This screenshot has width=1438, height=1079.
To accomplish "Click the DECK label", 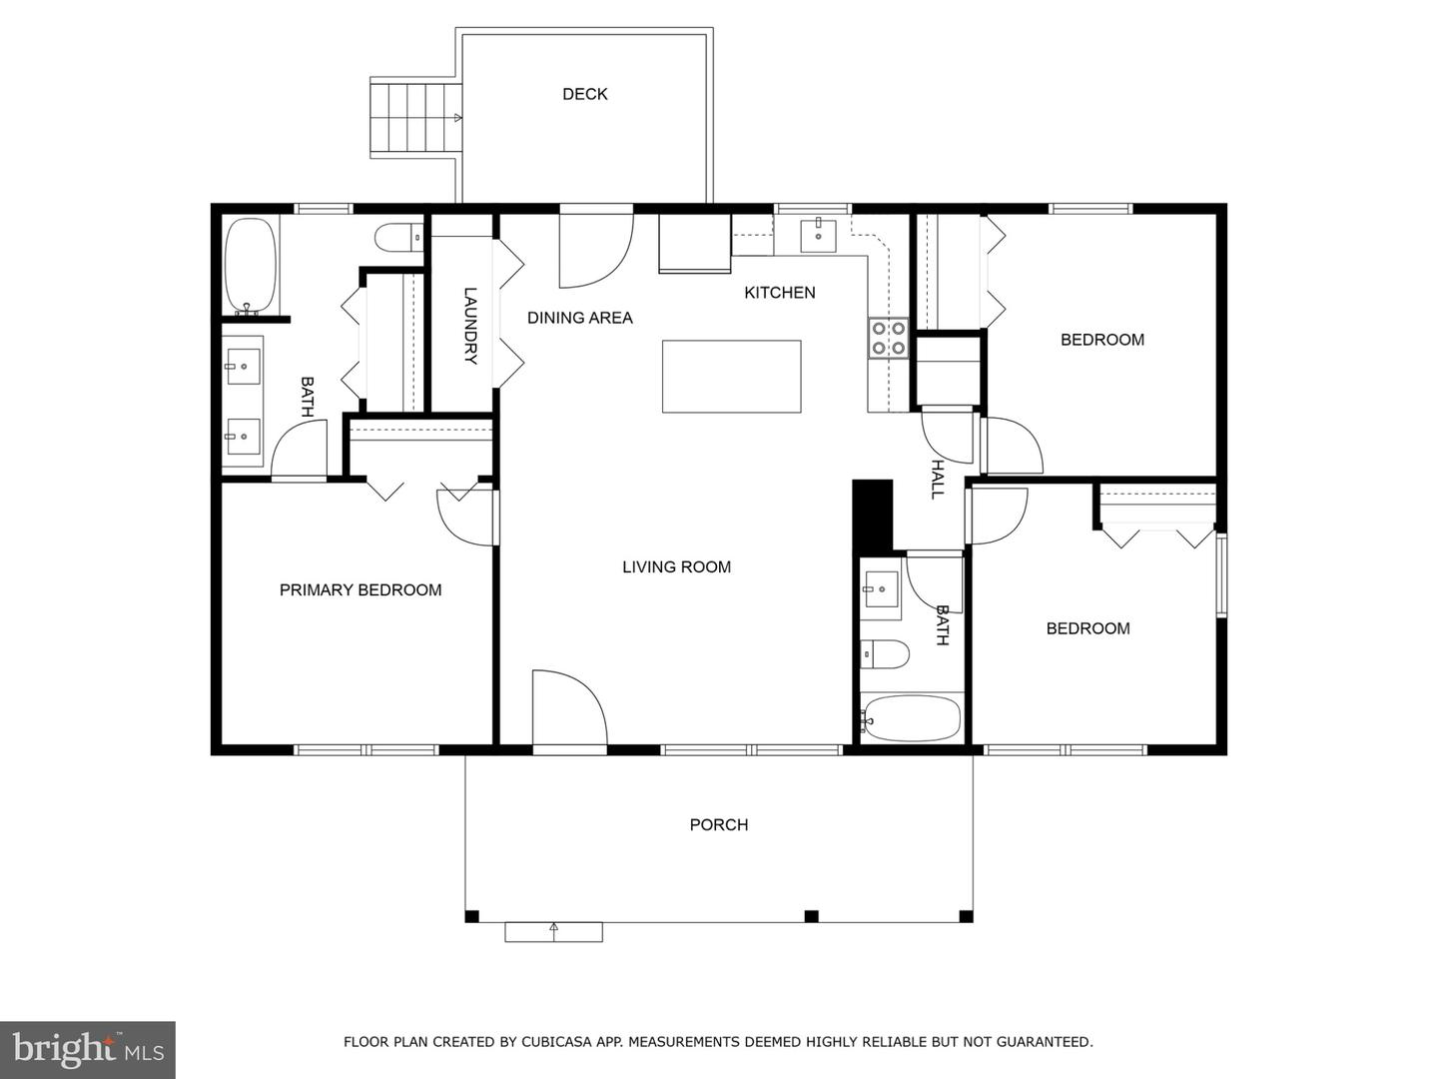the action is click(x=584, y=94).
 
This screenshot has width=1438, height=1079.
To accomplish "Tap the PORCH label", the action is click(x=719, y=825).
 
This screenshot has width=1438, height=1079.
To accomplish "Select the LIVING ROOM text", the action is click(x=676, y=567).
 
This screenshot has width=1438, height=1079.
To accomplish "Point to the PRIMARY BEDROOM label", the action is click(x=360, y=590).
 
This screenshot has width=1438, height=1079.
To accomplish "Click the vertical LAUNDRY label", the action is click(x=470, y=326).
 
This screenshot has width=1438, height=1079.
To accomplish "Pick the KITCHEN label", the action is click(x=780, y=293).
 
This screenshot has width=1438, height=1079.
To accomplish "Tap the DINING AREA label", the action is click(x=580, y=319).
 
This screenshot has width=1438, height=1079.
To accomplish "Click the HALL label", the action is click(x=938, y=479).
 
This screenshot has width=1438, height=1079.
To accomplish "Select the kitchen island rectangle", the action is click(x=731, y=376).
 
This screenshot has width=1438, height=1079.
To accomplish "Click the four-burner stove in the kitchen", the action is click(x=889, y=338).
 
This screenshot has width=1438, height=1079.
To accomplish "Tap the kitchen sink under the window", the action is click(x=818, y=236).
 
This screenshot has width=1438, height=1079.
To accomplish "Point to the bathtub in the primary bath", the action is click(x=251, y=266).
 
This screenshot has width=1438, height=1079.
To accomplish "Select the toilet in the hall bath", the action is click(x=885, y=654).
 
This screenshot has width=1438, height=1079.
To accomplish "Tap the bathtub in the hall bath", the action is click(x=912, y=718).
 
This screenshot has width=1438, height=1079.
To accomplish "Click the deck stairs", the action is click(x=415, y=118).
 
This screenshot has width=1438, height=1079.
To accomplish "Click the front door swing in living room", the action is click(x=569, y=707).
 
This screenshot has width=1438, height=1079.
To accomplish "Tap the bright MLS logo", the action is click(x=88, y=1049).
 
